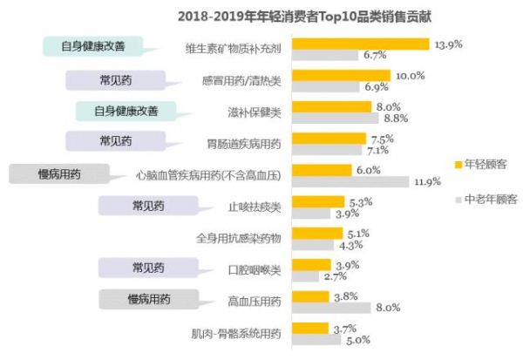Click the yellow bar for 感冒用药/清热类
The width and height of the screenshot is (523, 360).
tap(342, 76)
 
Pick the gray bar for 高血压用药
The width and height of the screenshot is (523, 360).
tap(331, 307)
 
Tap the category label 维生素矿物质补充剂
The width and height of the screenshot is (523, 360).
tap(234, 50)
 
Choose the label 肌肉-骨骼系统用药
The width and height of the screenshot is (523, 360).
tap(235, 333)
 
